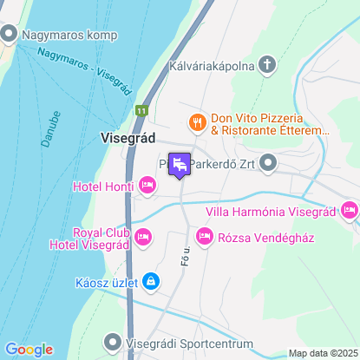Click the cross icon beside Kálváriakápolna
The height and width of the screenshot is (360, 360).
click(268, 65)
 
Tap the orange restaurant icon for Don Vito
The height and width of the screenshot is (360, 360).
click(197, 122)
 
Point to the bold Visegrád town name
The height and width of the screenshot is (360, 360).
click(128, 138)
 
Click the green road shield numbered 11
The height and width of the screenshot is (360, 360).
click(141, 111)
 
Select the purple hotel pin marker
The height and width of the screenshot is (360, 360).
click(180, 164)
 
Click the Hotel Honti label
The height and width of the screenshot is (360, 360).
click(99, 187)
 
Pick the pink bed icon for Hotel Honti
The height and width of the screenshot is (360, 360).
click(147, 185)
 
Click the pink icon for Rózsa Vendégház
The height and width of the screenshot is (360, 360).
click(205, 236)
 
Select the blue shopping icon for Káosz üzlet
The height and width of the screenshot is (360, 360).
click(152, 281)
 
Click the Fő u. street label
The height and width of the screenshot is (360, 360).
click(185, 254)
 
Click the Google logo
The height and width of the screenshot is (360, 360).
click(28, 349)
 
